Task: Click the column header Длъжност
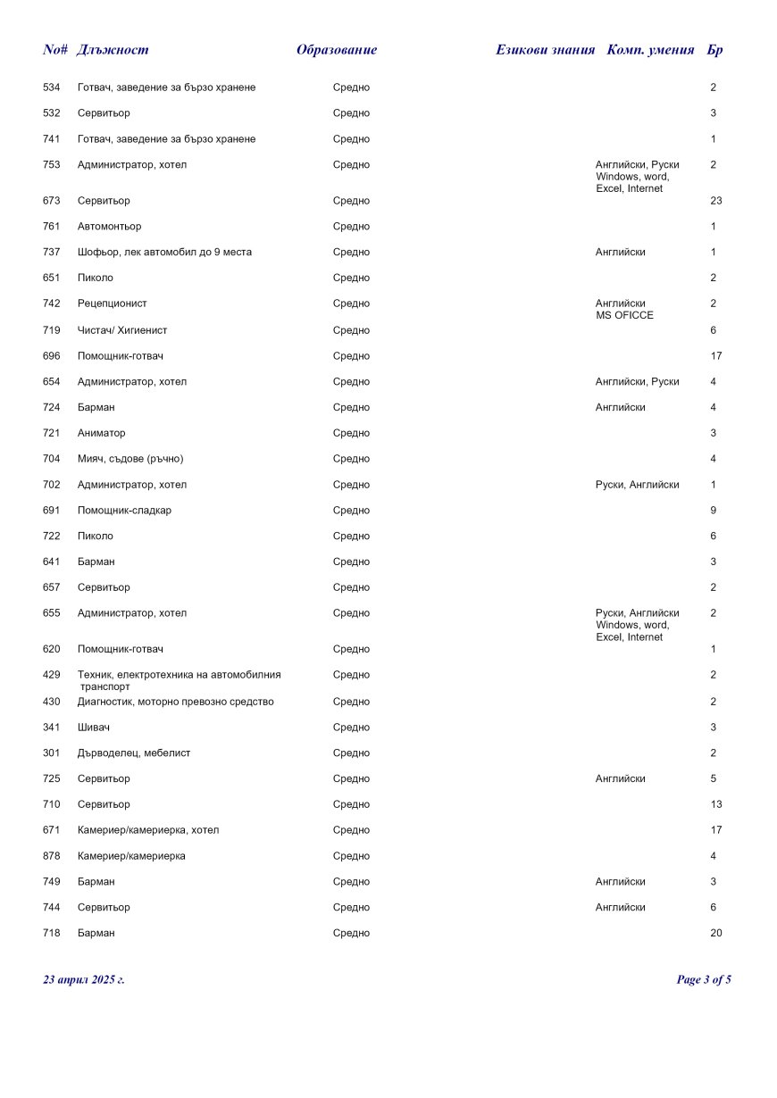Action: [x=113, y=50]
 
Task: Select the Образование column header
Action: [x=337, y=50]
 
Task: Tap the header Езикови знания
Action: [x=545, y=50]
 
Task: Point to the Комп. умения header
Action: [x=650, y=50]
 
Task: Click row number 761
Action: [x=51, y=227]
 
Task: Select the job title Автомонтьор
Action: [x=109, y=227]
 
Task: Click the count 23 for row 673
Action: [x=715, y=201]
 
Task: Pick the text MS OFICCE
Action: [x=624, y=315]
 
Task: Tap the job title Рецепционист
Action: [x=113, y=304]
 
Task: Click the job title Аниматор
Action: [x=102, y=433]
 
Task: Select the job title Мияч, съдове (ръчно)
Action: [x=130, y=459]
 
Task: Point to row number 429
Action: [x=51, y=675]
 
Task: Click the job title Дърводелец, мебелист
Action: [x=134, y=753]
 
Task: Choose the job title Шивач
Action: [x=94, y=728]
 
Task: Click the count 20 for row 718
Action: [x=715, y=934]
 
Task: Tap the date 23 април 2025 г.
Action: [x=84, y=980]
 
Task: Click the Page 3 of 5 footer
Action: [x=704, y=980]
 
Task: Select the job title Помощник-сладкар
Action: [x=124, y=511]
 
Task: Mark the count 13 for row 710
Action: [x=715, y=805]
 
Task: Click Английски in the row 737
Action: [x=621, y=253]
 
